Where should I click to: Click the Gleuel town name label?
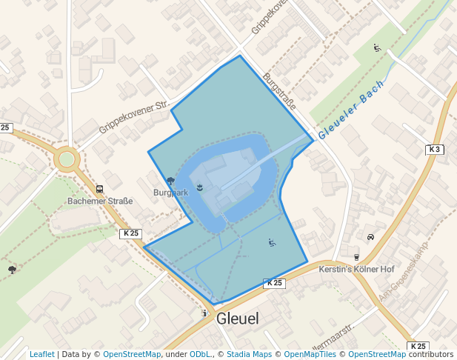coord(238,319)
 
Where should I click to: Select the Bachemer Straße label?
coord(100,201)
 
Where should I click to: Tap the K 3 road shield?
coord(435,150)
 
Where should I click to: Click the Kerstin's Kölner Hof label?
coord(356,269)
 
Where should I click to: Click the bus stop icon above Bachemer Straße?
coord(99,189)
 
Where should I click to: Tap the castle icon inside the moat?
coord(199,188)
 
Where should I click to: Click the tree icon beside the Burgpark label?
coord(170,180)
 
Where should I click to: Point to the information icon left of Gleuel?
coord(205,313)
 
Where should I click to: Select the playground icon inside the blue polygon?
coord(272,242)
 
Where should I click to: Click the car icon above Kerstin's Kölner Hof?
coord(370,237)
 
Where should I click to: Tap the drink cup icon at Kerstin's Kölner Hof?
coord(356,257)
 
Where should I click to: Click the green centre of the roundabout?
coord(67,159)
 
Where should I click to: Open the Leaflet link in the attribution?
coord(41,354)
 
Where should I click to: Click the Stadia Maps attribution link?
coord(249,354)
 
